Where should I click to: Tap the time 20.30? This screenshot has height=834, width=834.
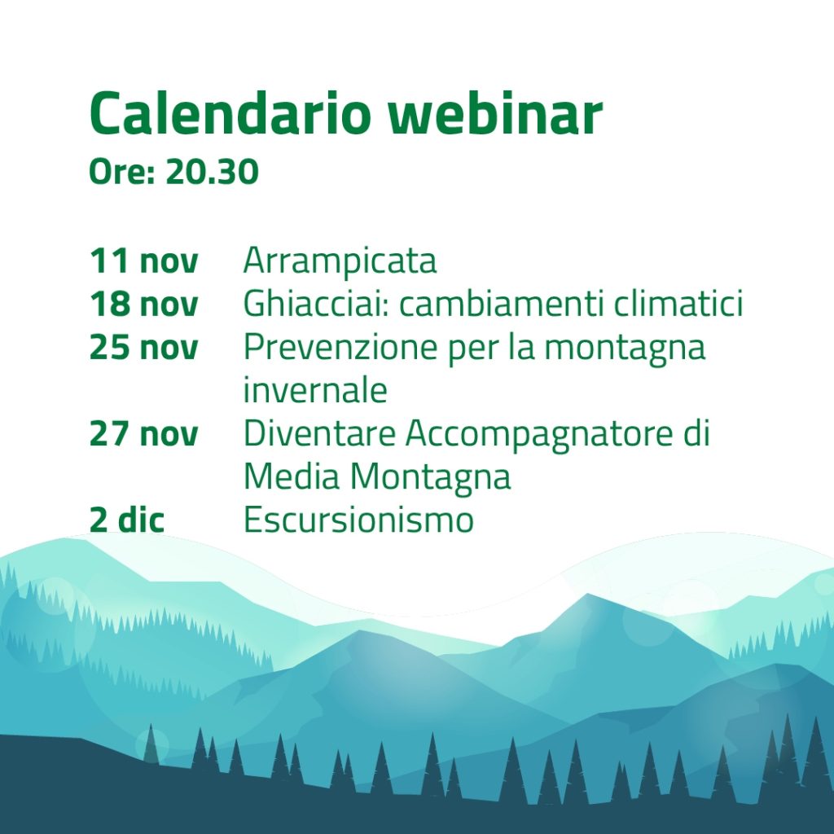tap(212, 172)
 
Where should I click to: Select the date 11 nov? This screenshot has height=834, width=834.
tap(143, 261)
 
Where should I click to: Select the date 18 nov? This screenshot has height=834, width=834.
tap(143, 305)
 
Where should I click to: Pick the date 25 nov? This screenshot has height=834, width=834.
tap(143, 348)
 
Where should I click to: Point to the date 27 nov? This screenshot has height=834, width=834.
tap(143, 434)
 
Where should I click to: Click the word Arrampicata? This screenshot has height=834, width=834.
tap(340, 261)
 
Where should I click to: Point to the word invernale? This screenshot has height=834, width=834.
tap(314, 391)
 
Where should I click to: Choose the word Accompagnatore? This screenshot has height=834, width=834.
tap(529, 434)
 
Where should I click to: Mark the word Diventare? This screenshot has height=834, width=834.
tap(320, 434)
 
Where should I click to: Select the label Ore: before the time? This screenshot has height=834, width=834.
tap(122, 172)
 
